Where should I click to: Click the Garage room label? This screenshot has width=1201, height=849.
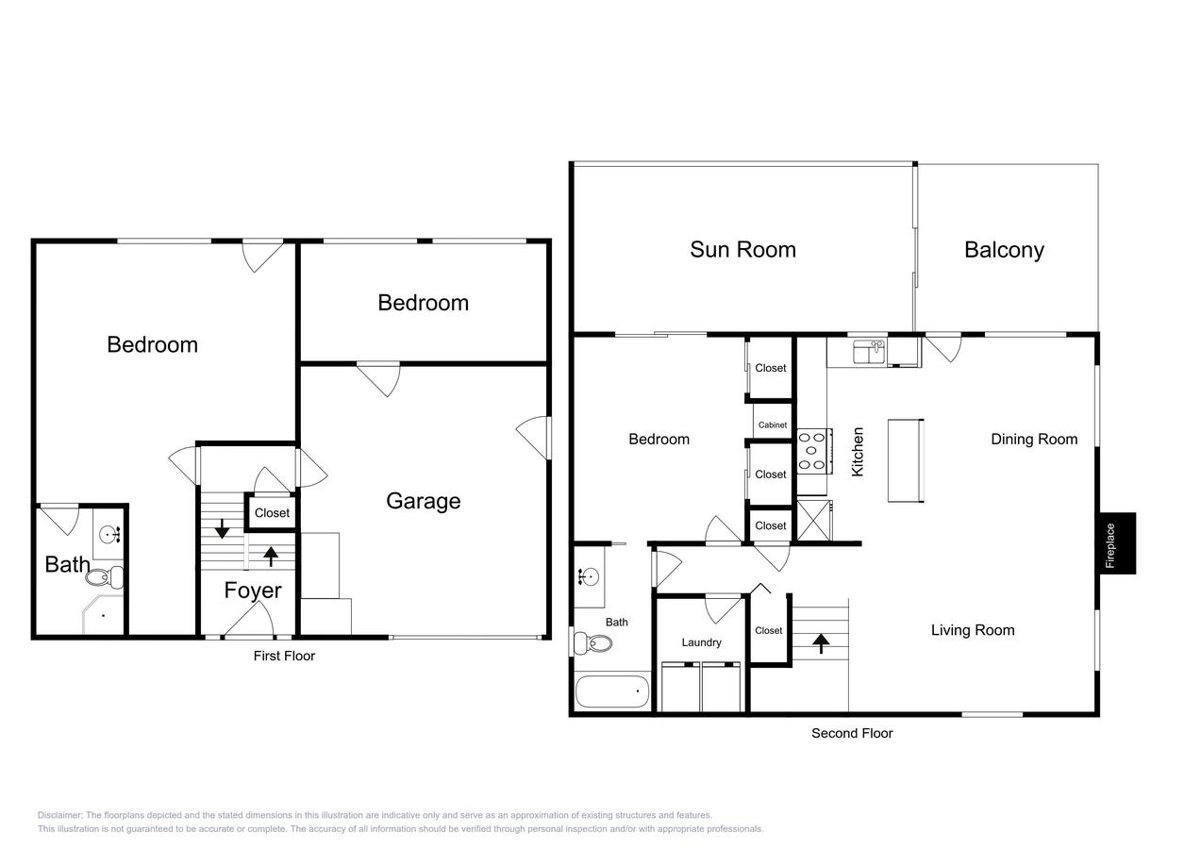click(x=423, y=501)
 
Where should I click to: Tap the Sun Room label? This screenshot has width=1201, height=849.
click(x=742, y=250)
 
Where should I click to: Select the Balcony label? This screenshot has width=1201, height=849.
click(x=1004, y=250)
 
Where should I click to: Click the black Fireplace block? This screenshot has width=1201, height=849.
click(x=1115, y=543)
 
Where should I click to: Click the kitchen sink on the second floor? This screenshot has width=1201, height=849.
click(x=867, y=352)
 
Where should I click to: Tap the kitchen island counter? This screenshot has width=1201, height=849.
click(x=905, y=460)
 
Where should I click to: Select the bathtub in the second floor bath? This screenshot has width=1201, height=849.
click(x=612, y=691)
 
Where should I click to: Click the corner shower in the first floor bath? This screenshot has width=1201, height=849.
click(x=102, y=614)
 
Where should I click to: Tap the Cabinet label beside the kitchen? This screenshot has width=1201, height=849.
click(x=772, y=425)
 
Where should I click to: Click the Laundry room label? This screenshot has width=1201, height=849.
click(x=701, y=642)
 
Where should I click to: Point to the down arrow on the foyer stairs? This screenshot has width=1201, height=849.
click(x=222, y=528)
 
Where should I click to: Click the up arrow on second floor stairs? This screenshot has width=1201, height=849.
click(x=821, y=643)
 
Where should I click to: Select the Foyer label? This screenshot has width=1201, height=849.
click(x=252, y=591)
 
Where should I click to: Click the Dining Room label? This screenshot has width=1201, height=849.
click(x=1033, y=439)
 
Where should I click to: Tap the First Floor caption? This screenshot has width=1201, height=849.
click(x=284, y=656)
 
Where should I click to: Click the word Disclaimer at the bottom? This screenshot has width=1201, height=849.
click(x=59, y=815)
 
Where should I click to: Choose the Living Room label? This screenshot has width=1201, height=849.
click(x=972, y=630)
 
